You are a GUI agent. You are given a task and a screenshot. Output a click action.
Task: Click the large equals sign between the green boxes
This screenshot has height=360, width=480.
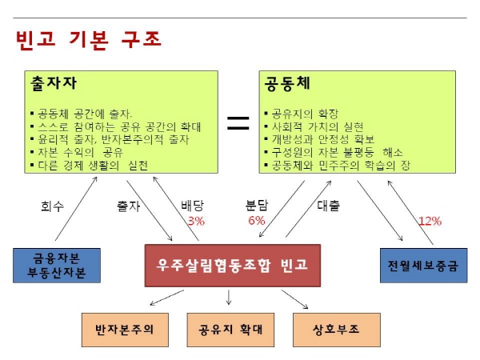pos(238,122)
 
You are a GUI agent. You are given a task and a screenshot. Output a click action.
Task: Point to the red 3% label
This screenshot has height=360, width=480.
pos(196,221)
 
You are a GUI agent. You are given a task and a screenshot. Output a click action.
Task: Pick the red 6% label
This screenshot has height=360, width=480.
pos(256,221)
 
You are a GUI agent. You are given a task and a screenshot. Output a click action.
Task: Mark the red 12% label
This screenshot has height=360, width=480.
pos(430,221)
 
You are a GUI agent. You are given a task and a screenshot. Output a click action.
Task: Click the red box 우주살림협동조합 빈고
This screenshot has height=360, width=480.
pos(231,265)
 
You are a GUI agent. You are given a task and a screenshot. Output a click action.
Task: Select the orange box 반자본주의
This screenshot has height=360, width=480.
pos(123,328)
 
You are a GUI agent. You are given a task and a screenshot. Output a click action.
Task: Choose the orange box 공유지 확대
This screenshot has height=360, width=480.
pos(230,328)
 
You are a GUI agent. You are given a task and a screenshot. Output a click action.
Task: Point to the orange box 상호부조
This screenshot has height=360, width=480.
pos(335,328)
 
